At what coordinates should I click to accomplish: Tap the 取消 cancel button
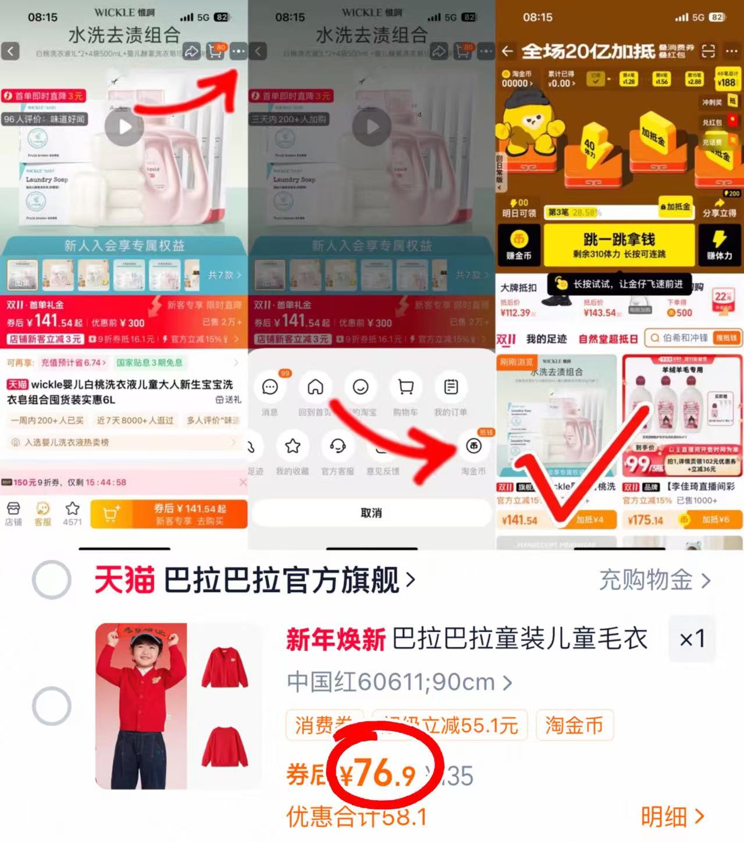click(371, 513)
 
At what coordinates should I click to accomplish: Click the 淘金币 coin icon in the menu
click(474, 447)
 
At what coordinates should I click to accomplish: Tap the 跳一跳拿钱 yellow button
click(619, 244)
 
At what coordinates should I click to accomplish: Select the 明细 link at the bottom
click(672, 817)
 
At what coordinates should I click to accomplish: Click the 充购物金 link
click(654, 580)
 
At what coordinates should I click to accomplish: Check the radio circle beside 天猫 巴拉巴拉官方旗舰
click(52, 580)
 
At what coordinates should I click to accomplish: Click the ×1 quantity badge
click(692, 638)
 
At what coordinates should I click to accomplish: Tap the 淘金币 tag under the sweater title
click(574, 725)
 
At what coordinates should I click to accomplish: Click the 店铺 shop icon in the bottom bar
click(13, 513)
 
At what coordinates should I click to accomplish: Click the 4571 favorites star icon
click(72, 513)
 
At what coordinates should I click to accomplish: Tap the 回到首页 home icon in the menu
click(315, 387)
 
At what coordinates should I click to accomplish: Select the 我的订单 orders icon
click(451, 387)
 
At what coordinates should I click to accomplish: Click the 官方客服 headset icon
click(337, 447)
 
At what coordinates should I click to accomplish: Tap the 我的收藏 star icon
click(293, 447)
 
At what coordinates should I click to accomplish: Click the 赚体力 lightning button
click(719, 244)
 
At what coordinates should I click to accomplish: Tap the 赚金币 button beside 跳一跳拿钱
click(518, 244)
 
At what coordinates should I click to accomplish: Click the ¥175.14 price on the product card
click(645, 520)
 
